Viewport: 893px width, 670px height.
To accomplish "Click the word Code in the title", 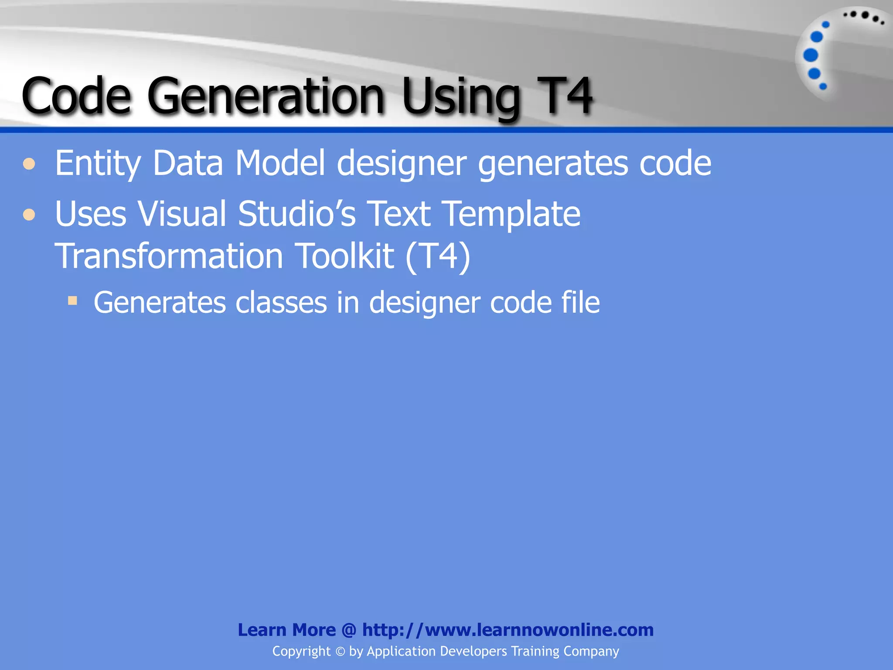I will pyautogui.click(x=76, y=96).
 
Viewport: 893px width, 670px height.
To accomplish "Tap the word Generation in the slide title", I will pyautogui.click(x=266, y=96).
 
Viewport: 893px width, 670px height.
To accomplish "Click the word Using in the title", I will pyautogui.click(x=461, y=98).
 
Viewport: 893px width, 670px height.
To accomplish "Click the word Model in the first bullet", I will pyautogui.click(x=280, y=163).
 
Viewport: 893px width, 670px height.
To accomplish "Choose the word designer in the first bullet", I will pyautogui.click(x=402, y=164).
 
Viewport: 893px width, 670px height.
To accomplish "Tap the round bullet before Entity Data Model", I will pyautogui.click(x=29, y=164).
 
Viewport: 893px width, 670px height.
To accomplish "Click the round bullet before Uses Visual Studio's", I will pyautogui.click(x=29, y=215).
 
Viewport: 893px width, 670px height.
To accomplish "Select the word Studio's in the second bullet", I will pyautogui.click(x=297, y=214).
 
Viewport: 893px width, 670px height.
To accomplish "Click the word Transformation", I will pyautogui.click(x=169, y=256).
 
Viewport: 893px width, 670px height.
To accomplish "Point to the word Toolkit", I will pyautogui.click(x=345, y=256).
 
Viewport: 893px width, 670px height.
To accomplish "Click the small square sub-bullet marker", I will pyautogui.click(x=72, y=300).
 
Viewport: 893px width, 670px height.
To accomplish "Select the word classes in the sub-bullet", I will pyautogui.click(x=281, y=303).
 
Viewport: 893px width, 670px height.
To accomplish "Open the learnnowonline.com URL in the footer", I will pyautogui.click(x=508, y=630).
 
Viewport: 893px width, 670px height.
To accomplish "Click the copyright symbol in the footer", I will pyautogui.click(x=340, y=652).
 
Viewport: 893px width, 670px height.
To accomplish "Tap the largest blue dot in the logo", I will pyautogui.click(x=811, y=55).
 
